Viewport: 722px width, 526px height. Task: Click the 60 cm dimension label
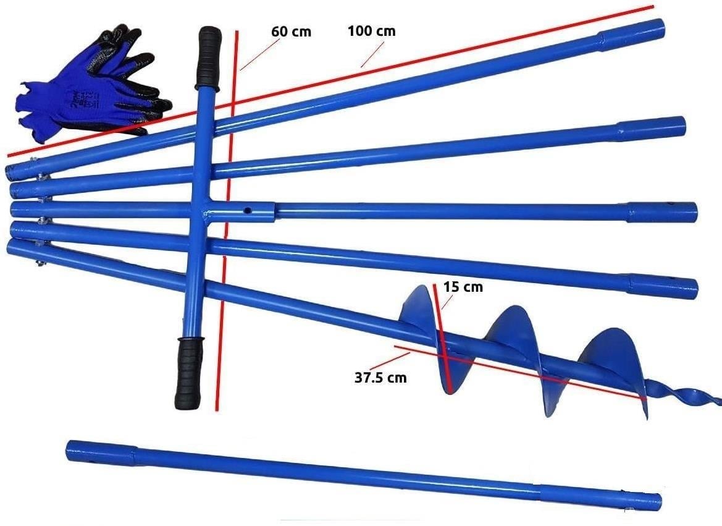pos(291,32)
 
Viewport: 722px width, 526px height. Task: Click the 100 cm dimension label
pos(372,32)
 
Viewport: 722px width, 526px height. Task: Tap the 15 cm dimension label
pos(463,287)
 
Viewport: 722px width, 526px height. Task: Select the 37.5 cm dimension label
pos(381,378)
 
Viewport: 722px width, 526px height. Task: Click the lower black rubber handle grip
pos(189,373)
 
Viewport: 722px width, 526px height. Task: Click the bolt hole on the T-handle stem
pos(248,211)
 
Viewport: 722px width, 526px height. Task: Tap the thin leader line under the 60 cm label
pos(259,54)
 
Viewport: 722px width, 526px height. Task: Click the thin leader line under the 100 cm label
pos(372,55)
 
